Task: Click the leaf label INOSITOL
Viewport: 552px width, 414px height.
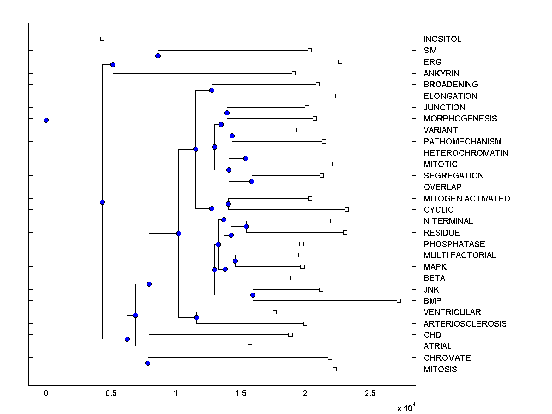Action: (442, 39)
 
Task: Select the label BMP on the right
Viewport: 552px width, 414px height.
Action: (432, 301)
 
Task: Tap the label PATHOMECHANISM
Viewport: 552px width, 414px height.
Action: (462, 142)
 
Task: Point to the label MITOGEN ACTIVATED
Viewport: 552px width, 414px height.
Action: (466, 199)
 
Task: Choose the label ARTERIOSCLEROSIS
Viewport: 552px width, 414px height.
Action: (465, 324)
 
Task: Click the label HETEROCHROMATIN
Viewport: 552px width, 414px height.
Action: (466, 153)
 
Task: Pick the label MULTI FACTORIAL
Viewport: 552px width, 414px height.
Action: (460, 255)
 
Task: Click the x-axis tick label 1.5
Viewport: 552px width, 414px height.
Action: (240, 393)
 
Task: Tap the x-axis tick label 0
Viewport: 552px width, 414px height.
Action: (46, 393)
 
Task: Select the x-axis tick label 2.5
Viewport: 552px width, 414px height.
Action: (370, 393)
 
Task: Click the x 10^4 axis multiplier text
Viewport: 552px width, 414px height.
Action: (407, 408)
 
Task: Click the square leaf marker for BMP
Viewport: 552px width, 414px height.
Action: (398, 300)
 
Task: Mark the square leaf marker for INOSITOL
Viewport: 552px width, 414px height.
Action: (102, 39)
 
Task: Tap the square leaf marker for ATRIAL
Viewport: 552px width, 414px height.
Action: (250, 346)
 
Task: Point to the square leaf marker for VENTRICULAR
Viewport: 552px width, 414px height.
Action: (275, 312)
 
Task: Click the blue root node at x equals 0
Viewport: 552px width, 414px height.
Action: (46, 120)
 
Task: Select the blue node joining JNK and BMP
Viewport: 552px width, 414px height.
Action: (253, 295)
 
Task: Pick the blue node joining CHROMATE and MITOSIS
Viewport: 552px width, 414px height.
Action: (148, 363)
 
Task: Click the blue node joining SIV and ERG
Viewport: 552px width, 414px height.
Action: (158, 56)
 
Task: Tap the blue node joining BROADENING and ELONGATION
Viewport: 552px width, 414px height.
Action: (212, 90)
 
